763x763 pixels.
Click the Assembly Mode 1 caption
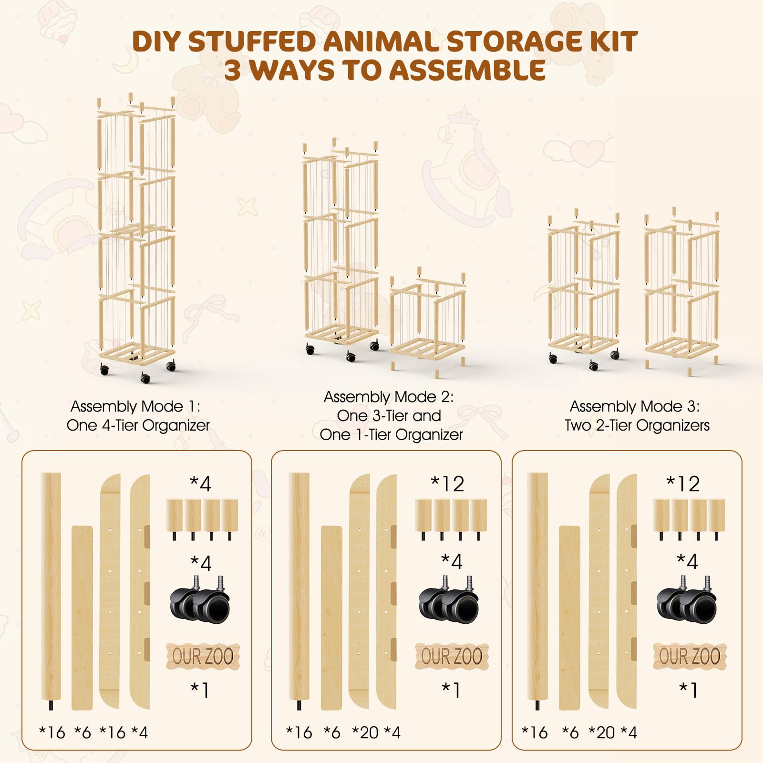pyautogui.click(x=135, y=406)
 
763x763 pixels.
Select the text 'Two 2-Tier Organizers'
pyautogui.click(x=637, y=425)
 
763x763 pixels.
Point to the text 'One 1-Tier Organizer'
pyautogui.click(x=391, y=434)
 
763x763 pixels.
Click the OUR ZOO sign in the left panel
pyautogui.click(x=203, y=656)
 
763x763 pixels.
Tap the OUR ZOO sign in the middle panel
pyautogui.click(x=452, y=656)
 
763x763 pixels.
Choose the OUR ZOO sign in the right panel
pyautogui.click(x=690, y=656)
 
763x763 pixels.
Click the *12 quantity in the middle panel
pyautogui.click(x=447, y=484)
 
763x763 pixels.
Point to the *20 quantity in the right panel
pyautogui.click(x=602, y=732)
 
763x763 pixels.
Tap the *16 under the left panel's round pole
pyautogui.click(x=52, y=732)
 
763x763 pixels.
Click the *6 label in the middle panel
pyautogui.click(x=332, y=732)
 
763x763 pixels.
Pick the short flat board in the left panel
pyautogui.click(x=82, y=618)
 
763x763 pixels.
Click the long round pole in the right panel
pyautogui.click(x=537, y=589)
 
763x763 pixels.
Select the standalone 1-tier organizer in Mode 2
pyautogui.click(x=427, y=320)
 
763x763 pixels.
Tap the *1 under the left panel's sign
pyautogui.click(x=200, y=690)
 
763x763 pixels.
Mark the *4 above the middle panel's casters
pyautogui.click(x=452, y=562)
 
